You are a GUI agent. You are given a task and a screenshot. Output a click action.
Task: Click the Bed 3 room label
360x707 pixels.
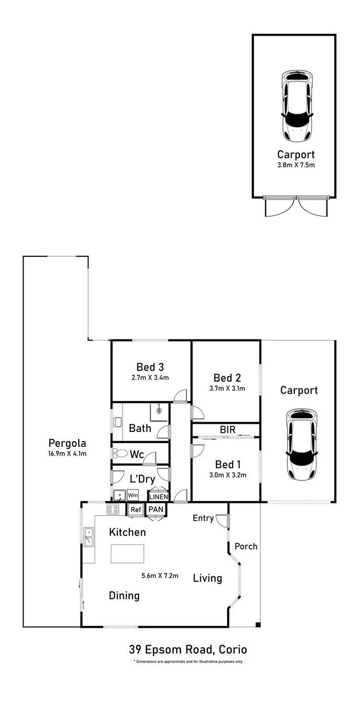150,367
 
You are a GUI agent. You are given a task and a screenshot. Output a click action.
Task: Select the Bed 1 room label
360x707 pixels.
228,465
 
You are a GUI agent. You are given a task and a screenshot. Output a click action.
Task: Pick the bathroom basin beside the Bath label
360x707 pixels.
117,423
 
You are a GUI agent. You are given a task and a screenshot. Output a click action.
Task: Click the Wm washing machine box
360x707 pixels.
132,495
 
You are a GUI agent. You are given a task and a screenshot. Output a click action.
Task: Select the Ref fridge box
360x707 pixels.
135,510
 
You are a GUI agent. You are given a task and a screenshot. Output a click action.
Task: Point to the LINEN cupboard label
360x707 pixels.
158,497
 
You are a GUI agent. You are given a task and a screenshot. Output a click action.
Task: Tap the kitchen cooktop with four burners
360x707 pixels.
113,510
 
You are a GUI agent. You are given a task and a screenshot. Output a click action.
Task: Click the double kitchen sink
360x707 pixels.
89,537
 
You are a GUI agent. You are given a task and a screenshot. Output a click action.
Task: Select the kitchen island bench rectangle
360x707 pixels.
127,553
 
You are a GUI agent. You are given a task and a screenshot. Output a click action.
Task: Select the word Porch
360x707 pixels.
246,546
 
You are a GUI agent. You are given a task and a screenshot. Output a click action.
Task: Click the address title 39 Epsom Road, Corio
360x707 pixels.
188,650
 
